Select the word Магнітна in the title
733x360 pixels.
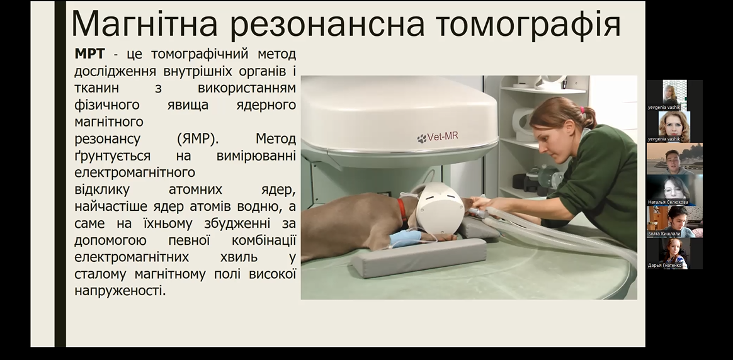(x=144, y=23)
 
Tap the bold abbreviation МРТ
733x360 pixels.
(x=90, y=53)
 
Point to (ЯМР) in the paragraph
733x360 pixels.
(x=198, y=138)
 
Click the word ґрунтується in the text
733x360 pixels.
(x=112, y=156)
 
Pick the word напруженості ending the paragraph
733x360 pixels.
(x=120, y=291)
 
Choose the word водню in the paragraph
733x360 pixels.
(x=264, y=206)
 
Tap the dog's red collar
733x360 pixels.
(x=402, y=209)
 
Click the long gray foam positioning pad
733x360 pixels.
(x=419, y=257)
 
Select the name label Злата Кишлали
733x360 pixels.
(x=664, y=233)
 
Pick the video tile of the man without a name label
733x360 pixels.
(x=674, y=159)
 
